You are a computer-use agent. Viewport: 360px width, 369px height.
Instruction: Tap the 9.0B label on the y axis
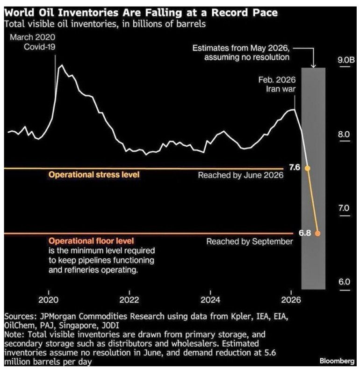pos(346,60)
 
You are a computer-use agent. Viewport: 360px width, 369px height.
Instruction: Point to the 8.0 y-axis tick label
pos(344,135)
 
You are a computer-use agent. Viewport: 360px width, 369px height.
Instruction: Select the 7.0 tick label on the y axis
pos(344,208)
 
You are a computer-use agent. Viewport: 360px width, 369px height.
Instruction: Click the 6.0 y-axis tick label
pos(344,282)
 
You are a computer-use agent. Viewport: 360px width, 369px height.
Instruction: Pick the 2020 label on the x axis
pos(49,300)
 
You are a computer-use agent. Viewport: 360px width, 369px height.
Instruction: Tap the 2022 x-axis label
pos(130,300)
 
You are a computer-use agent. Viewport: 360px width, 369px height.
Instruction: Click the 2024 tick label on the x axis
pos(210,300)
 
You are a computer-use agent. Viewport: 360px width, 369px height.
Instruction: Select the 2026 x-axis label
pos(291,300)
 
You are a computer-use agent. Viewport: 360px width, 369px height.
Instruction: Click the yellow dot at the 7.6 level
pos(307,168)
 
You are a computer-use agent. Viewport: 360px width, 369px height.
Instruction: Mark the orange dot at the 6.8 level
pos(317,234)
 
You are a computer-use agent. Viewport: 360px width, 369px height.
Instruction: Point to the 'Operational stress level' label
pos(94,175)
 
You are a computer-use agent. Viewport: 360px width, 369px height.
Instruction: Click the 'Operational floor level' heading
pos(91,241)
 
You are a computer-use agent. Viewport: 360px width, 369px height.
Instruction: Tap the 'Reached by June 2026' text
pos(241,175)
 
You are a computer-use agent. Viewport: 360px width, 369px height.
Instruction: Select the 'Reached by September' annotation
pos(250,241)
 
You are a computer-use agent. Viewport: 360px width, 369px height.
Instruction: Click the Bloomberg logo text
pos(337,361)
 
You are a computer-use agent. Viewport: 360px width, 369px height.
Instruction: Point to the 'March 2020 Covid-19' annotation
pos(33,42)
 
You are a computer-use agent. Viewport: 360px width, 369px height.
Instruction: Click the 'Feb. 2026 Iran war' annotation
pos(277,85)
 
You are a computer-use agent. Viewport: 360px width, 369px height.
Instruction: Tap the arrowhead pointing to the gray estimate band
pos(313,66)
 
